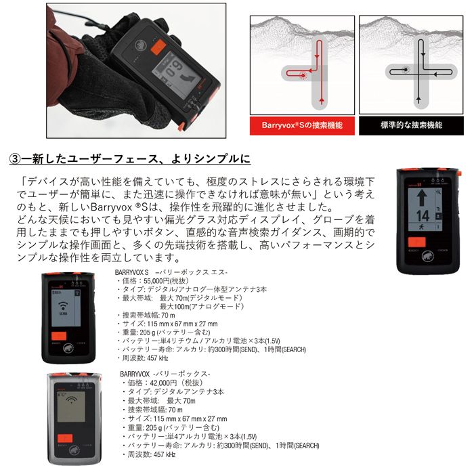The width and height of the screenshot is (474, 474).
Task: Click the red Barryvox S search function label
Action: [301, 126]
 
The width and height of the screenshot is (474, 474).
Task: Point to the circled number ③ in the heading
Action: [14, 159]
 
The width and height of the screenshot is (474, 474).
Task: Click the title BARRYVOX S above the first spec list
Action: [136, 271]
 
